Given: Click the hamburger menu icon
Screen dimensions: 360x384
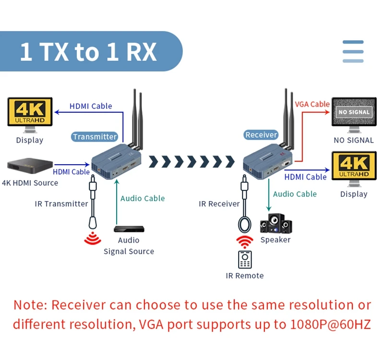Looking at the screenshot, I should (353, 51).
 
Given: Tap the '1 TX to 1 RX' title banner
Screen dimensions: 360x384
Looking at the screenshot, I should (88, 52).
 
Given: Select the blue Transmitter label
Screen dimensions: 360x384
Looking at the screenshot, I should (95, 137).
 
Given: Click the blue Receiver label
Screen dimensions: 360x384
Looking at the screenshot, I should (261, 135).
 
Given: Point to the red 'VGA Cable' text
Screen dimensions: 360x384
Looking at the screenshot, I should (312, 104).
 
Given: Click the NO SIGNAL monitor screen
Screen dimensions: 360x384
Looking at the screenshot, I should (354, 112).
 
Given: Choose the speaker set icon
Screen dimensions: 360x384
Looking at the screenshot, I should (276, 223).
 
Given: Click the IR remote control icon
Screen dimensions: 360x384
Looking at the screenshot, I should (245, 259).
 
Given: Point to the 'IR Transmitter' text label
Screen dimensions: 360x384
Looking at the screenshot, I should (61, 204).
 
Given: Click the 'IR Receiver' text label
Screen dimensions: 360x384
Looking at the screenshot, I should (219, 204).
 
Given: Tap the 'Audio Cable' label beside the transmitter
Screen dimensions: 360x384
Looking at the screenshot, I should (143, 198).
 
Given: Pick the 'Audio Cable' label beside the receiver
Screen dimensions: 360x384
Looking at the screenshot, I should (295, 194).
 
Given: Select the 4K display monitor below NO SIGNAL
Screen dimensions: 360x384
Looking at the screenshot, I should (354, 167).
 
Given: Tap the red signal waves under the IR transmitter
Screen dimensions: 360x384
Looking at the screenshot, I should (93, 239).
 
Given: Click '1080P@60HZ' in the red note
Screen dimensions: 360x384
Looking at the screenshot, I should (331, 324).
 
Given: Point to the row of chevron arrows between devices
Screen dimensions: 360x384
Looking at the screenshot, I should (192, 162).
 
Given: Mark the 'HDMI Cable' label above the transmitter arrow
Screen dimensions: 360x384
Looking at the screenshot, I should (91, 106).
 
